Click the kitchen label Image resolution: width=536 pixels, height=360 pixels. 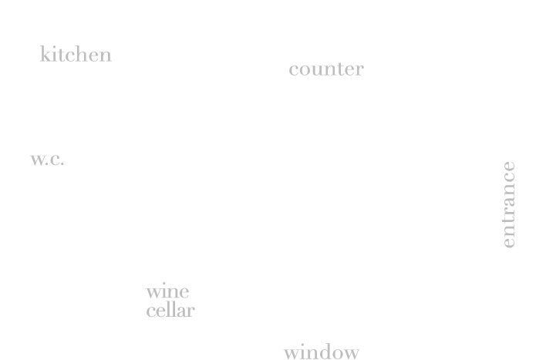point(76,54)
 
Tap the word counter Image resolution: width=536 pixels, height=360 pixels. point(326,69)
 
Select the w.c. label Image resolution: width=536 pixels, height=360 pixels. point(47,160)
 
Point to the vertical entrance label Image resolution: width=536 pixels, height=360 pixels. point(509,204)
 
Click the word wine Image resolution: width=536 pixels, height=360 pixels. point(167,291)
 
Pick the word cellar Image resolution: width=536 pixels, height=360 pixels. point(170,310)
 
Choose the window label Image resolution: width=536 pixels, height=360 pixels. point(322,352)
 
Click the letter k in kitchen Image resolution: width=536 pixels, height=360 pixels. point(46,54)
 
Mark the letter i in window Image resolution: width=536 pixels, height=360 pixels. point(302,352)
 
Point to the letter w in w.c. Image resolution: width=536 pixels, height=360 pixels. point(39,160)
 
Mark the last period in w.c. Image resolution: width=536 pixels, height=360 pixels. point(62,164)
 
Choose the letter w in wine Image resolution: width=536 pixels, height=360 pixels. point(154,293)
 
